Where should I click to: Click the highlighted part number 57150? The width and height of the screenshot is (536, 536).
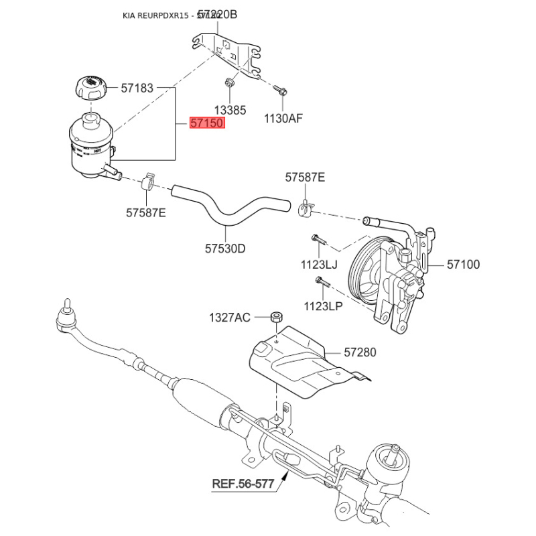[x=207, y=123]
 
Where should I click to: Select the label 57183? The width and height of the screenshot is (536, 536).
[x=137, y=88]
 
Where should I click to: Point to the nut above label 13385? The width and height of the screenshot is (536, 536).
[x=229, y=83]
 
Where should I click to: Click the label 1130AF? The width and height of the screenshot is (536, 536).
[x=283, y=119]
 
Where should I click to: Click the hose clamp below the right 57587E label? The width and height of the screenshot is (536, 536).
[x=306, y=209]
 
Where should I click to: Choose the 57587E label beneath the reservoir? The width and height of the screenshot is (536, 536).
[x=145, y=213]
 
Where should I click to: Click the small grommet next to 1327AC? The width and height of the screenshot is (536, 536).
[x=275, y=316]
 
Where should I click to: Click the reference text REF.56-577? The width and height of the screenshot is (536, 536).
[x=243, y=483]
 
